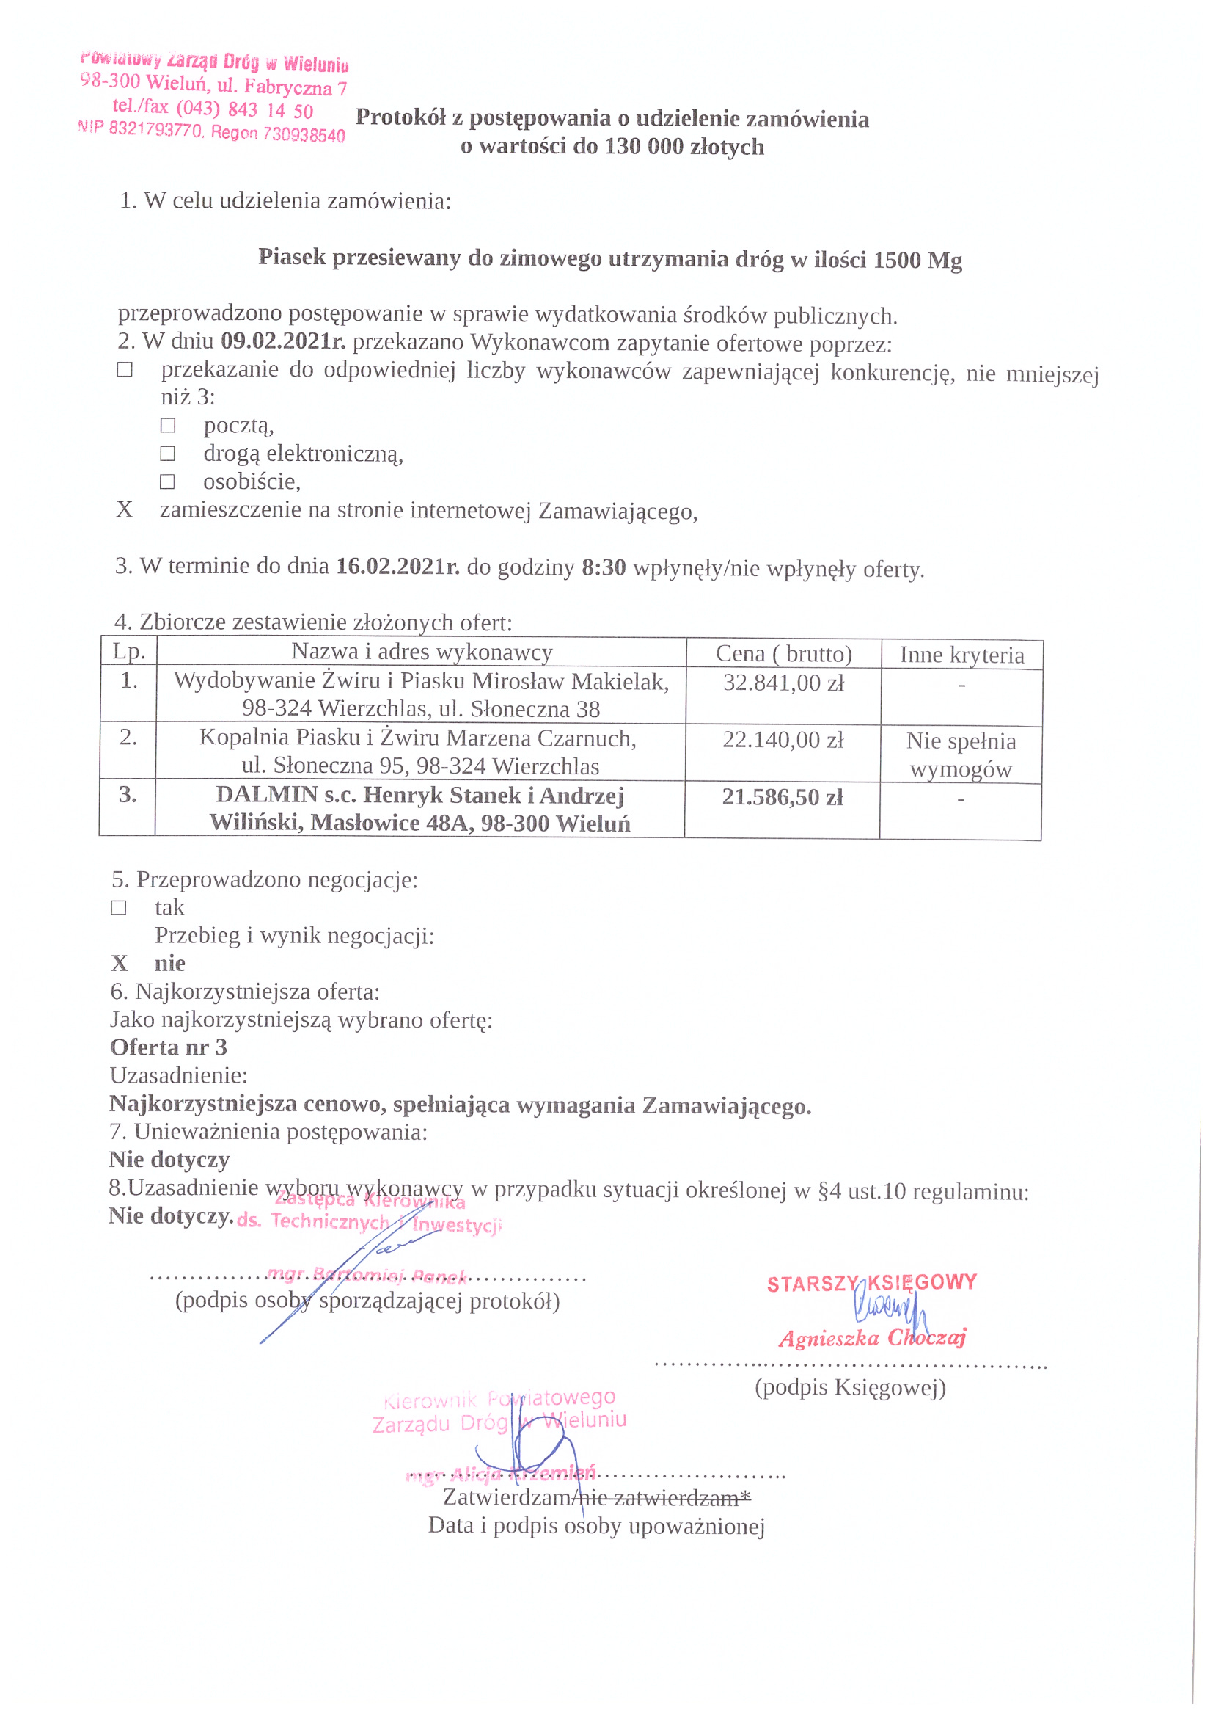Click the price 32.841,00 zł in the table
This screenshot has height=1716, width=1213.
click(783, 683)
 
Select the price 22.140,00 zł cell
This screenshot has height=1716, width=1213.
click(782, 740)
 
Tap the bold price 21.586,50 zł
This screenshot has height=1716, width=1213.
click(781, 798)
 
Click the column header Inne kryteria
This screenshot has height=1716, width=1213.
click(961, 655)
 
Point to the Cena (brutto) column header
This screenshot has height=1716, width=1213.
click(783, 654)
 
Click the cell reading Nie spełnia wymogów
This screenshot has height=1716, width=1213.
click(961, 755)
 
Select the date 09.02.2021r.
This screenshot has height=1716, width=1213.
click(283, 341)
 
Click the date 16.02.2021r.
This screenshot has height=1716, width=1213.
click(397, 567)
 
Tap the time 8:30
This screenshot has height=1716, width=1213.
click(604, 567)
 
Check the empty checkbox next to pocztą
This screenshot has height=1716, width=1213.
click(168, 425)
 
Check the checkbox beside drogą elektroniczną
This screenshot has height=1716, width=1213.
click(168, 454)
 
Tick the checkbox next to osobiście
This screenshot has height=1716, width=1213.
click(168, 481)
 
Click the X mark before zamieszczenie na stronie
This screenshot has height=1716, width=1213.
click(124, 509)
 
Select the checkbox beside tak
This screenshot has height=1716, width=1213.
click(119, 907)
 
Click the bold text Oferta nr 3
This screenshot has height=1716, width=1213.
click(168, 1047)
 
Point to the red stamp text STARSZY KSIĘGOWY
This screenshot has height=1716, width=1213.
click(872, 1283)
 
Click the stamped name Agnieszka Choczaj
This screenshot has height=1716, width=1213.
click(872, 1338)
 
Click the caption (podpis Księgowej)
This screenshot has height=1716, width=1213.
click(850, 1387)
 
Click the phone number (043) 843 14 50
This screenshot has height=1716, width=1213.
click(244, 110)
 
